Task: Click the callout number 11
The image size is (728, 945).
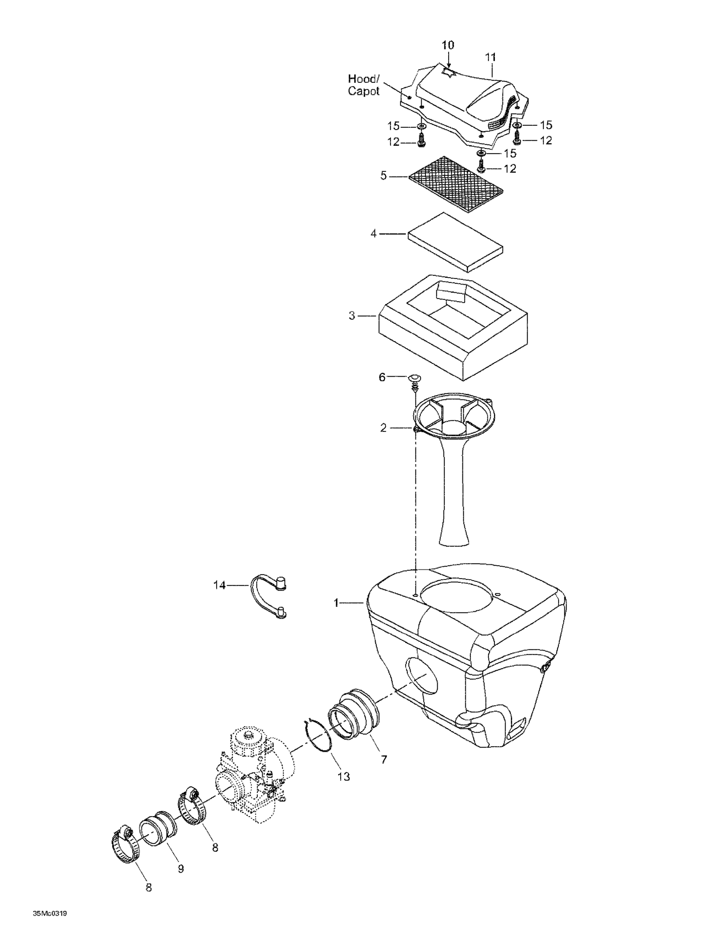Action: [x=490, y=57]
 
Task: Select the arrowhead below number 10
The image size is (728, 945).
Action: [x=448, y=64]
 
